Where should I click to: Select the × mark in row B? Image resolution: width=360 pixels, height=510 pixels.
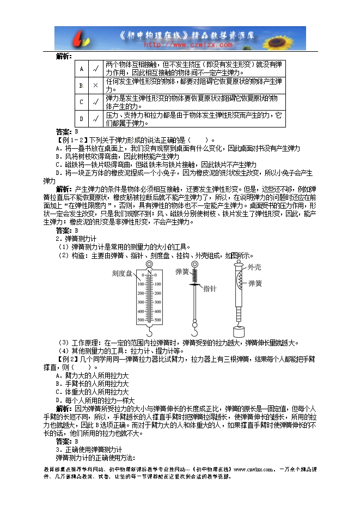click(x=95, y=86)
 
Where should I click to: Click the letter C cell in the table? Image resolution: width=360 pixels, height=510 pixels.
click(x=81, y=102)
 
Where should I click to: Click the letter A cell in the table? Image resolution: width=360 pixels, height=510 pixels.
click(x=81, y=69)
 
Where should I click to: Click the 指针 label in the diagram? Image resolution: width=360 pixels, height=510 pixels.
click(x=212, y=289)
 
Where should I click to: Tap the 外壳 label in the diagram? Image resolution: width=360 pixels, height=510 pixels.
click(x=255, y=267)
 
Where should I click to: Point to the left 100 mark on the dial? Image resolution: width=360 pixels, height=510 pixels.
click(x=141, y=284)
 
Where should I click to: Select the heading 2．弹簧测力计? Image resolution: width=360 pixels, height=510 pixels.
click(x=76, y=239)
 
